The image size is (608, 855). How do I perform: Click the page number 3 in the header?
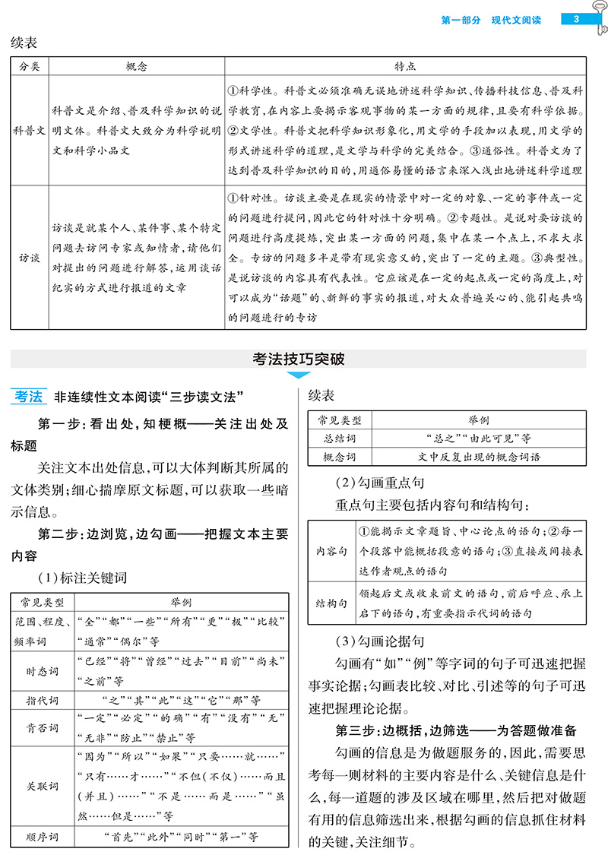577,19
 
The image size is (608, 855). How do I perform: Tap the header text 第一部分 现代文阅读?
491,20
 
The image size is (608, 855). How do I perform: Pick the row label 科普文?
30,130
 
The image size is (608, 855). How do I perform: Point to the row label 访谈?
30,257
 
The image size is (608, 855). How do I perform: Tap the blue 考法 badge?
30,396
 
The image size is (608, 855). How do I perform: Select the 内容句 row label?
331,550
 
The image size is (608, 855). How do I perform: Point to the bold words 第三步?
357,730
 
